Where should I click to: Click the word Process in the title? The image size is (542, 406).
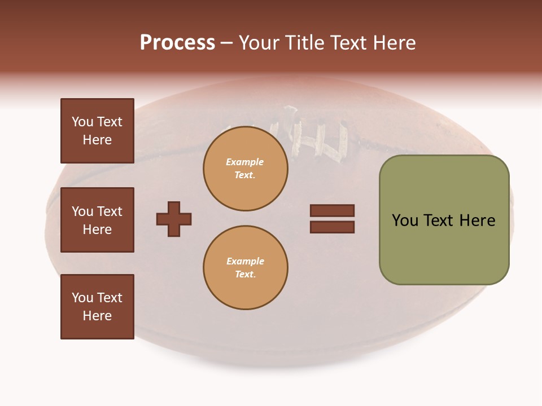point(177,43)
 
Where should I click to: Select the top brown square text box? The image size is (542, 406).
point(97,131)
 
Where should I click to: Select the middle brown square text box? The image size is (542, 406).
point(97,220)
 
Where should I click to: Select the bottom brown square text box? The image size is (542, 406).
point(97,307)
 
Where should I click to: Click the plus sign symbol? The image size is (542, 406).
point(174,219)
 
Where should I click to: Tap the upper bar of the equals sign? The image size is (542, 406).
point(332,210)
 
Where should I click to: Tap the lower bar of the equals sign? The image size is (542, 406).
point(332,227)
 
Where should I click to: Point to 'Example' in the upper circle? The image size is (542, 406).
point(245,162)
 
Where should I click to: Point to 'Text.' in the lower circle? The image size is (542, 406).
point(245,274)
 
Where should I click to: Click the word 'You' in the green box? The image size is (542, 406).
point(404,220)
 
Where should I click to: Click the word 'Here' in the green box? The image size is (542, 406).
point(477,220)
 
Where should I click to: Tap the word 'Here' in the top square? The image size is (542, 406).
point(97,140)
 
